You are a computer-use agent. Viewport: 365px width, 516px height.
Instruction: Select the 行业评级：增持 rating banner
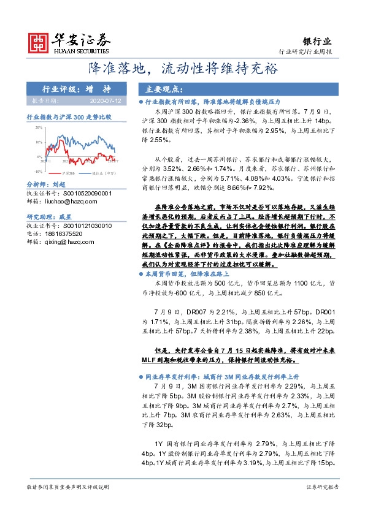[x=77, y=89]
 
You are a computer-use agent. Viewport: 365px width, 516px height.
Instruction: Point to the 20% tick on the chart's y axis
[x=38, y=127]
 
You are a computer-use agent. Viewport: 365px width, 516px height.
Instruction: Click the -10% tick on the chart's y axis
[x=38, y=172]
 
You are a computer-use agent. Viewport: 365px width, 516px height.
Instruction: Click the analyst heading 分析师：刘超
[x=47, y=184]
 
